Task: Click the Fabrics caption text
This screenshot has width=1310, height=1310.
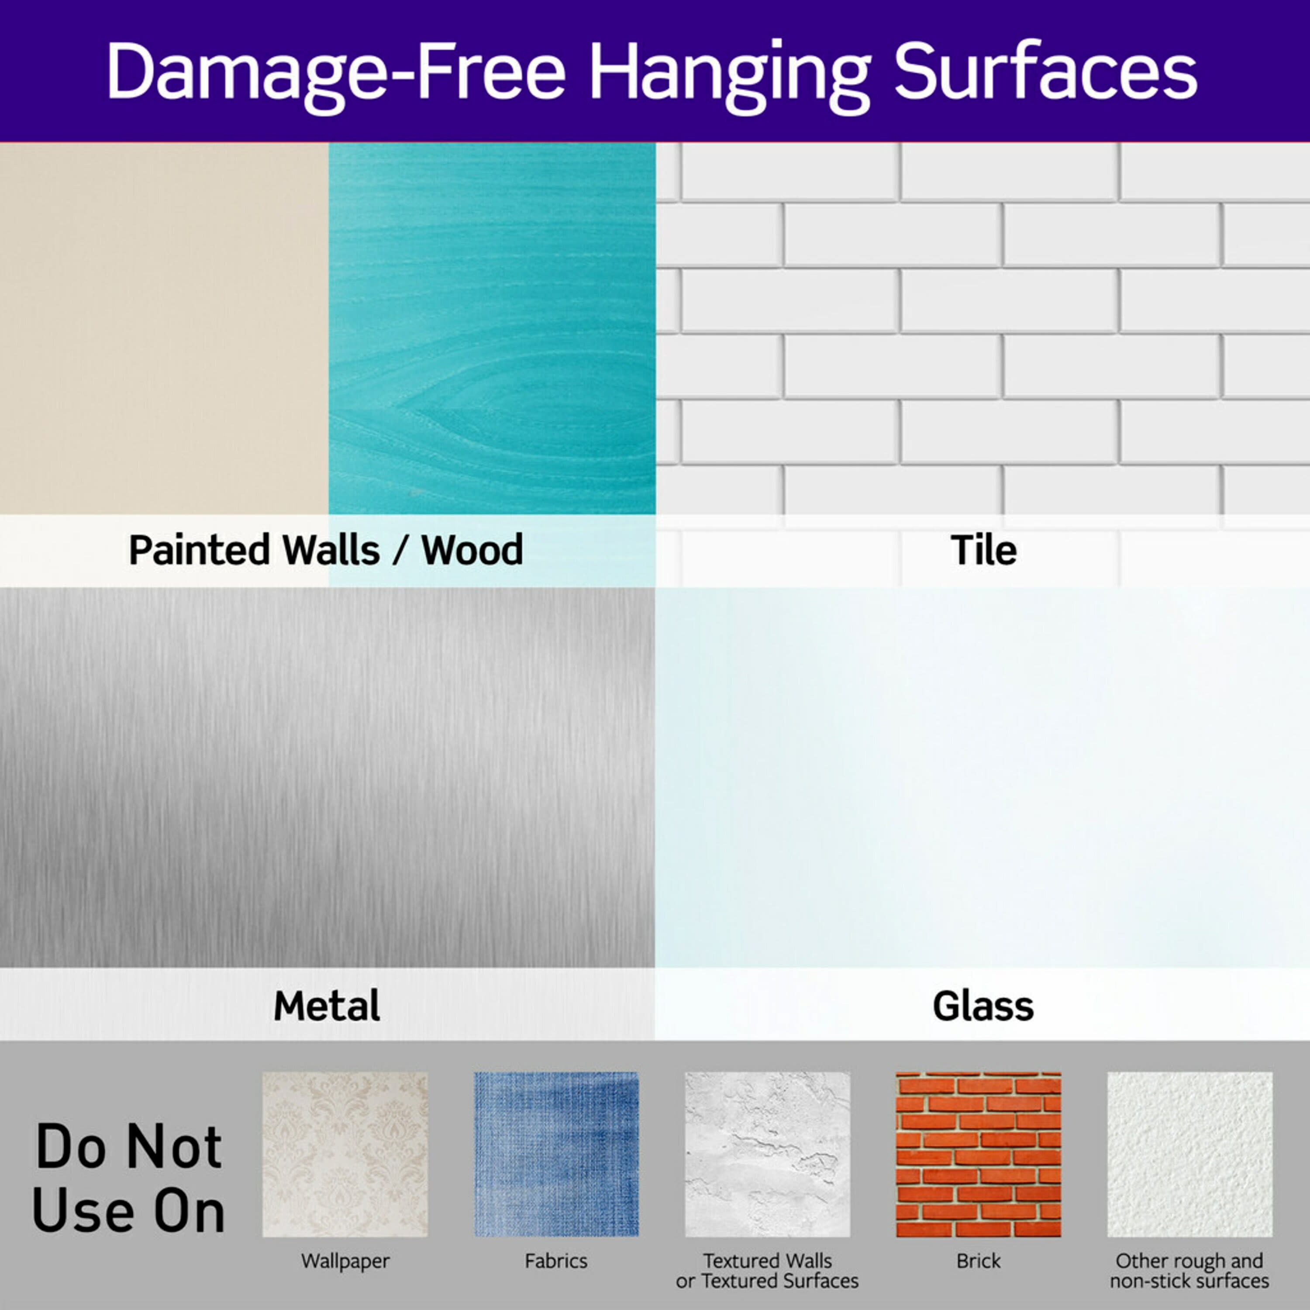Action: [556, 1261]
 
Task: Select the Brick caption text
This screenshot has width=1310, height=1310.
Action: [979, 1261]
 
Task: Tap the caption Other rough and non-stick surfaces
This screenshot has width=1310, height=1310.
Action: [1190, 1271]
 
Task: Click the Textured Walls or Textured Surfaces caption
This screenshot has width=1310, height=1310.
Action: [768, 1271]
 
